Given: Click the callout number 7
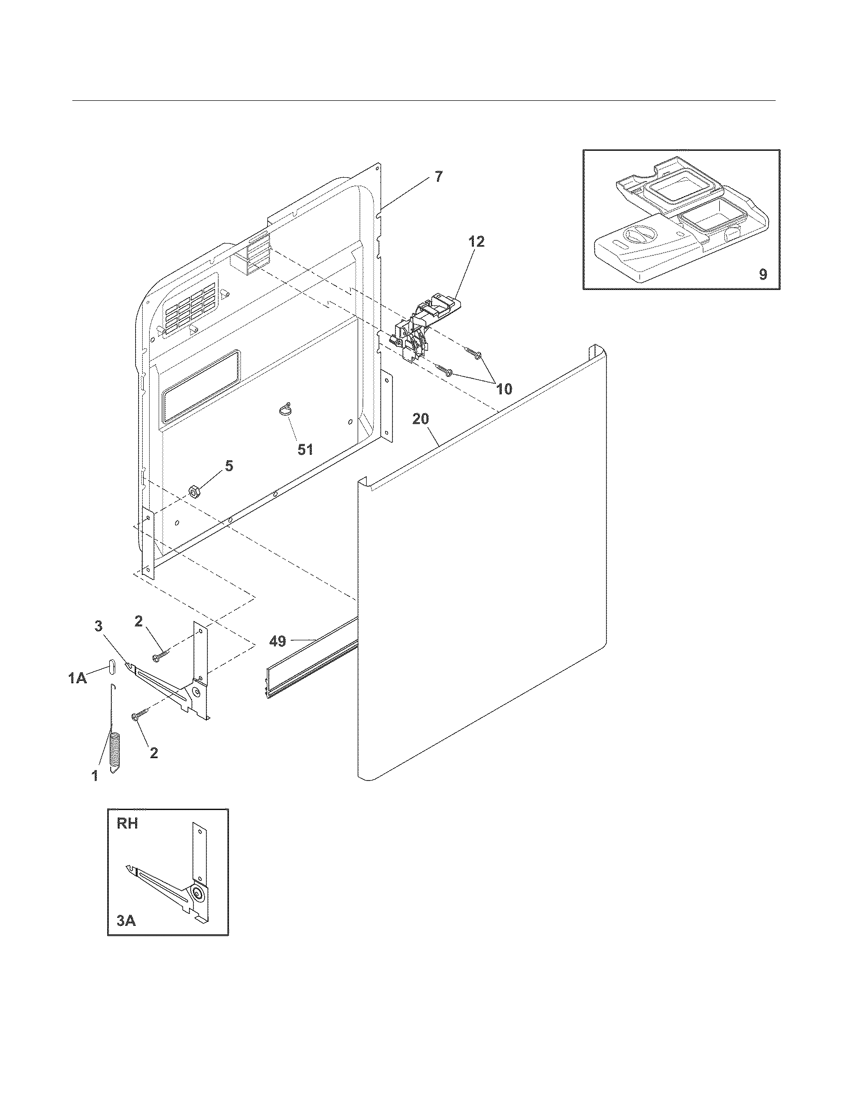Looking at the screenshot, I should coord(438,177).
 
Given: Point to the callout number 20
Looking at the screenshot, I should coord(421,419).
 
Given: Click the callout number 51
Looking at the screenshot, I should coord(305,449).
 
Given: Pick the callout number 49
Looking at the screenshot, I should coord(277,641).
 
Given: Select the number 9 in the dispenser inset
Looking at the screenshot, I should coord(763,274).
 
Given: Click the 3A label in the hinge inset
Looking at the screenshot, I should coord(126,920).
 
